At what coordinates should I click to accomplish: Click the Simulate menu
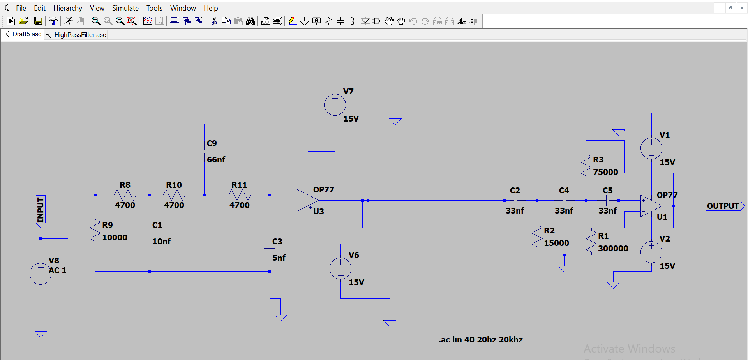(x=125, y=8)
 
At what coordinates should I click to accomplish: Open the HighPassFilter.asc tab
(x=80, y=35)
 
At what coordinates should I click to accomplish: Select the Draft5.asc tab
(x=26, y=34)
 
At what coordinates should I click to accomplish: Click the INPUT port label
(x=41, y=211)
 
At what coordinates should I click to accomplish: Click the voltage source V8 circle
(x=41, y=274)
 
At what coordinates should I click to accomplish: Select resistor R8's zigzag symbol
(x=125, y=195)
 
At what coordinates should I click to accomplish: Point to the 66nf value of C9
(x=216, y=160)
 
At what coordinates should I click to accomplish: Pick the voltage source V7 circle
(x=335, y=105)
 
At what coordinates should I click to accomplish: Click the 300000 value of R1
(x=613, y=249)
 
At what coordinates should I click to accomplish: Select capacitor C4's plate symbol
(x=564, y=201)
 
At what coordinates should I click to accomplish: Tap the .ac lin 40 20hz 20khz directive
(x=480, y=340)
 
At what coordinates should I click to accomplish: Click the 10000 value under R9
(x=115, y=238)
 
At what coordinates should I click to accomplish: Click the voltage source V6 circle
(x=340, y=268)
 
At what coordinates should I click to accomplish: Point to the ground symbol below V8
(x=41, y=334)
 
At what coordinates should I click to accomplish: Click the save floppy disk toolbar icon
(x=38, y=21)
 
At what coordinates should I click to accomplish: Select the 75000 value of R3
(x=605, y=172)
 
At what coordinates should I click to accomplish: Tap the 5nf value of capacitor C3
(x=279, y=258)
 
